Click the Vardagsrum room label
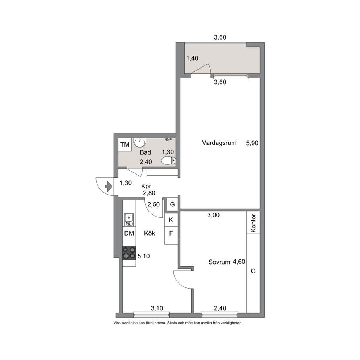click(x=219, y=143)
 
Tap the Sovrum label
click(x=219, y=262)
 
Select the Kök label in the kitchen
click(x=150, y=233)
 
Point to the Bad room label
click(x=145, y=152)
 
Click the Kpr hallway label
click(x=146, y=186)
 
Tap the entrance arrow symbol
click(x=109, y=187)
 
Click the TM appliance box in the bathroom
click(x=125, y=145)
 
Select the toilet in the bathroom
click(x=168, y=160)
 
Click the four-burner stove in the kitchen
click(x=129, y=253)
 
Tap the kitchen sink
click(x=129, y=220)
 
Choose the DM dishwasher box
click(x=129, y=233)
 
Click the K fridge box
click(x=171, y=220)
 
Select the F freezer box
click(x=171, y=233)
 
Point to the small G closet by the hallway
click(x=172, y=204)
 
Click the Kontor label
click(x=253, y=223)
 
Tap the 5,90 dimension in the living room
click(x=252, y=143)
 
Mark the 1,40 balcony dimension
click(x=192, y=58)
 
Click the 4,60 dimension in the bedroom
click(x=239, y=262)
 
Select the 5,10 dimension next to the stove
click(x=143, y=256)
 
